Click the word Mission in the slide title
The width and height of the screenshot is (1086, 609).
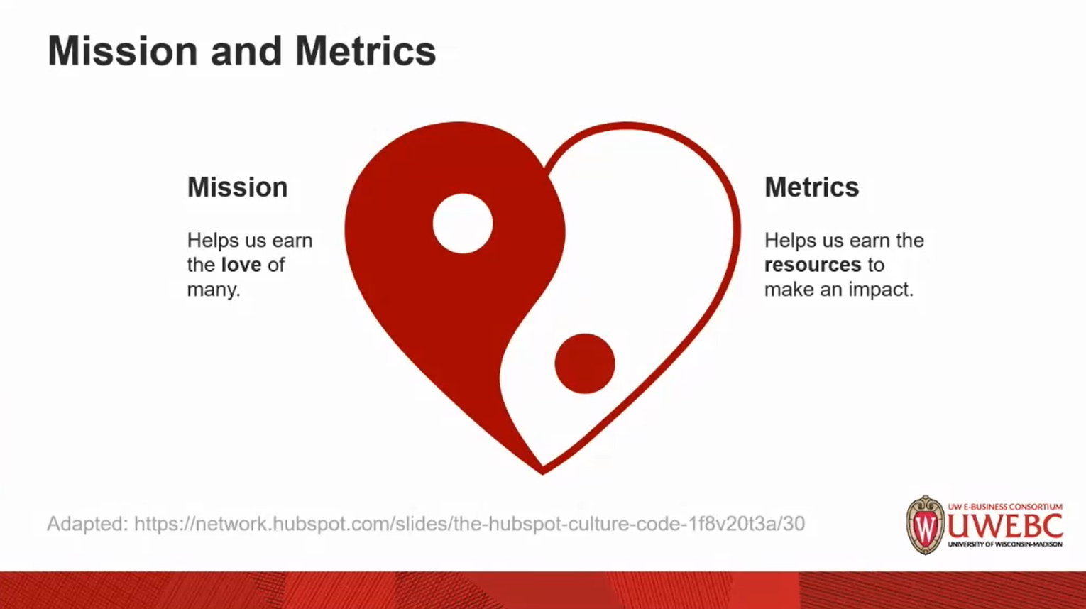point(123,51)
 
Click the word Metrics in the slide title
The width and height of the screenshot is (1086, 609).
point(366,51)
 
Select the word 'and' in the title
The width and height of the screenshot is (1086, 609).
point(246,51)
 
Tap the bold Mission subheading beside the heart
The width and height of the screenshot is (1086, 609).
point(238,187)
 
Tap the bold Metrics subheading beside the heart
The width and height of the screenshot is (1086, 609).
point(811,187)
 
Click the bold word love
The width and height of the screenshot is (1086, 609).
point(241,265)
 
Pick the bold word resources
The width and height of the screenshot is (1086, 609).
point(813,265)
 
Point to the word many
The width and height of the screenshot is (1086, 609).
point(214,290)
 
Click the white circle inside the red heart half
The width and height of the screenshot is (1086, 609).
point(463,224)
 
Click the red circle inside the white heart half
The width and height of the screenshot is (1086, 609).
point(585,363)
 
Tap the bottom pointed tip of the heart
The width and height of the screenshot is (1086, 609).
point(542,473)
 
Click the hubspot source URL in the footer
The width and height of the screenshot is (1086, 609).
point(469,524)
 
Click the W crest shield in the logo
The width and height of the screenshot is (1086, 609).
point(926,525)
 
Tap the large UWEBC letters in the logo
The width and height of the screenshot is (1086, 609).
point(1005,526)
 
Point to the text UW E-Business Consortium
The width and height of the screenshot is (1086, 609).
point(1005,507)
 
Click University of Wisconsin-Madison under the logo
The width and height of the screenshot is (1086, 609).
point(1005,544)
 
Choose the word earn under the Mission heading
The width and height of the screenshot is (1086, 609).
point(292,241)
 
